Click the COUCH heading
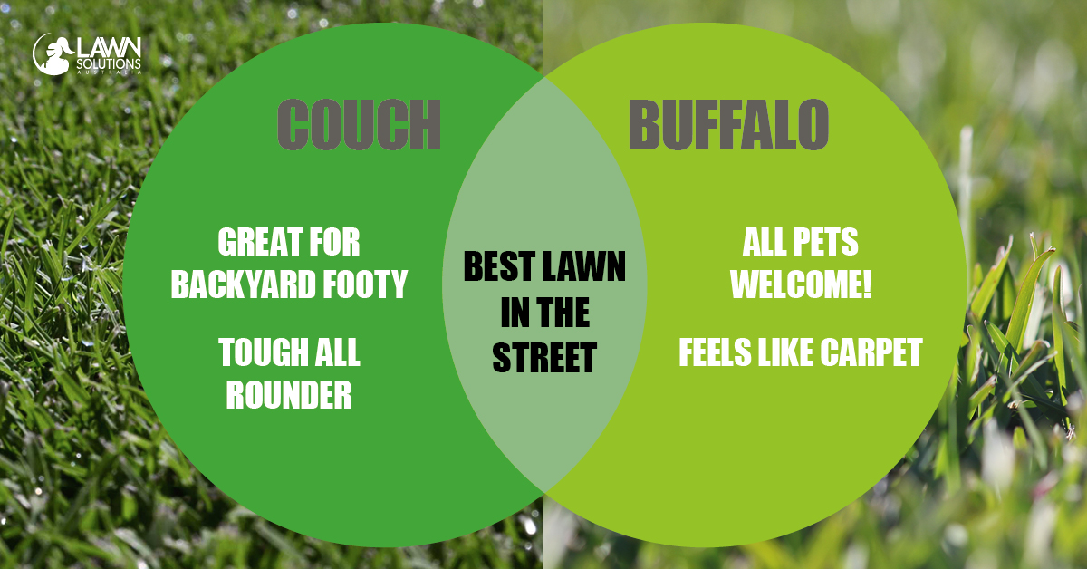click(x=359, y=124)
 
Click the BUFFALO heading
click(x=728, y=124)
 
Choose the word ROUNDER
click(x=289, y=395)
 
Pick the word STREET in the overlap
click(x=544, y=358)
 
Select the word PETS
click(x=825, y=243)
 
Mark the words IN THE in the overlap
click(x=544, y=313)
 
